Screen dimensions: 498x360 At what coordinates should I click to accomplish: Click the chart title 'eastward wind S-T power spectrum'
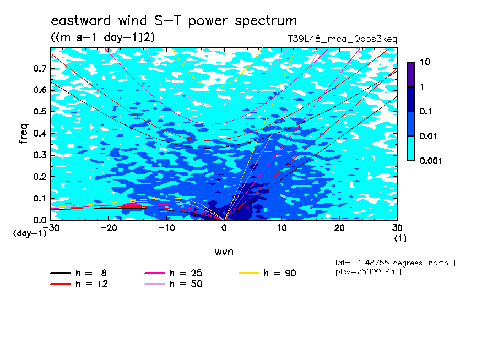(174, 20)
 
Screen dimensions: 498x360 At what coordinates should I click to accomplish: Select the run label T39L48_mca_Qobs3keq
(343, 39)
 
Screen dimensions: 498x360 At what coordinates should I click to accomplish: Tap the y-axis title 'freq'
(24, 134)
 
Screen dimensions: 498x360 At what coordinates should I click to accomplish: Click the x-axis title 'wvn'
(224, 252)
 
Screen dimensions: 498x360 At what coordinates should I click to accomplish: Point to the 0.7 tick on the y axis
(40, 68)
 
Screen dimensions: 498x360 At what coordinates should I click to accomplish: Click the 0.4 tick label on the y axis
(40, 133)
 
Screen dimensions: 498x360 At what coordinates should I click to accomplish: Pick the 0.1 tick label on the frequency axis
(40, 198)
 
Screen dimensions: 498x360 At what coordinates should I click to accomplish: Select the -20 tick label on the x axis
(109, 228)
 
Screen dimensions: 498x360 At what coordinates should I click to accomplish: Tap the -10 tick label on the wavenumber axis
(166, 228)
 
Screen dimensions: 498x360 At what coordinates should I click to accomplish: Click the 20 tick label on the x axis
(339, 228)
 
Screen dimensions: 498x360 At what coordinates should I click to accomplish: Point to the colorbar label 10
(425, 62)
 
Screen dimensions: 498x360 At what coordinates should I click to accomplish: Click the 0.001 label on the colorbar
(431, 161)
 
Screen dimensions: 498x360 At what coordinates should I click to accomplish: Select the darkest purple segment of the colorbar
(411, 74)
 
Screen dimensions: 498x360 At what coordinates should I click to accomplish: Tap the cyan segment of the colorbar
(411, 149)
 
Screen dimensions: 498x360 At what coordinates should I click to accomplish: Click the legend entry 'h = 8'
(79, 273)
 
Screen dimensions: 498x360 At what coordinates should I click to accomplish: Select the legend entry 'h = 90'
(267, 273)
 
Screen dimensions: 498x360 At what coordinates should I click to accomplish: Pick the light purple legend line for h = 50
(155, 284)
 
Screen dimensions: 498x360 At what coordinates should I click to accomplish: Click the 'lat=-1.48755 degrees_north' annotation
(392, 263)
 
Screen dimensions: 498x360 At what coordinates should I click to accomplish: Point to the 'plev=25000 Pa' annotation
(365, 272)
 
